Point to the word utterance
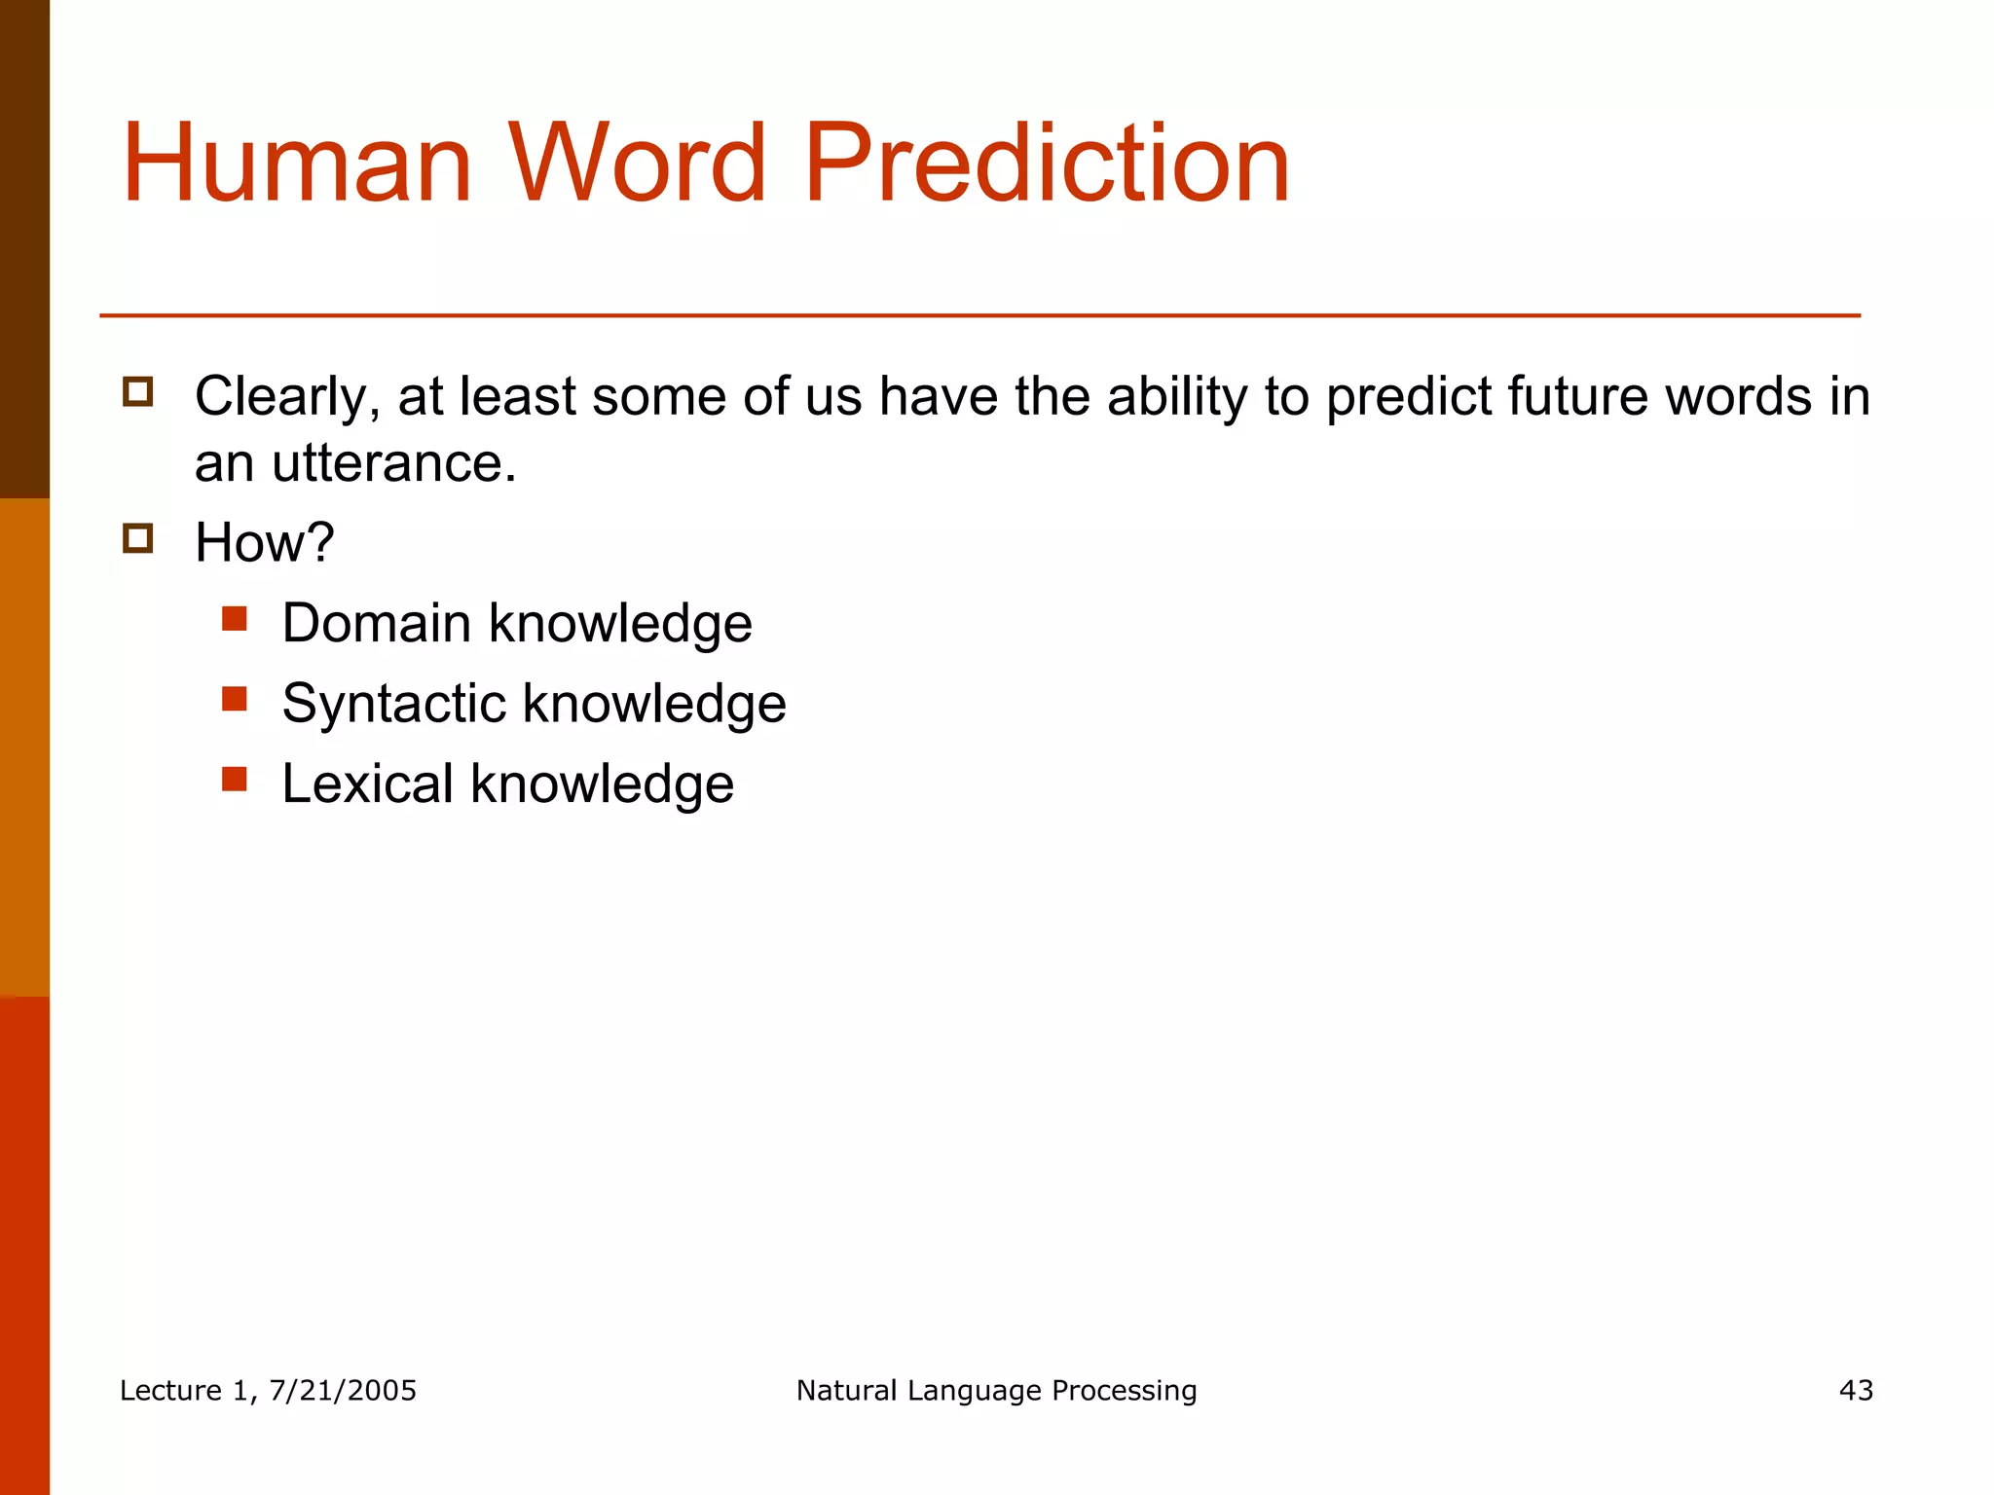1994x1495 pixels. click(394, 463)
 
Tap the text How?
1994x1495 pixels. click(264, 542)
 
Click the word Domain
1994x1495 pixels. click(376, 623)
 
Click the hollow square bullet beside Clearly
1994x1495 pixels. click(138, 391)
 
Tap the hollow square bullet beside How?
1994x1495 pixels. click(138, 538)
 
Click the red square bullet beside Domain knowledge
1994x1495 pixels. click(234, 619)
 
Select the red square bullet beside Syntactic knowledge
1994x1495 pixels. click(234, 699)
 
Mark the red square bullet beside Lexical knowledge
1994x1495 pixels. click(234, 779)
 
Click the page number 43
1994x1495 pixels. click(1856, 1391)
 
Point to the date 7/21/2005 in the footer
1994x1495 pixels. click(343, 1391)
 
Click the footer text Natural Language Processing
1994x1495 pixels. click(996, 1391)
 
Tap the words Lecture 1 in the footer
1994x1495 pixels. click(185, 1391)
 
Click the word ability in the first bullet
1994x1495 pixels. click(1177, 397)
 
